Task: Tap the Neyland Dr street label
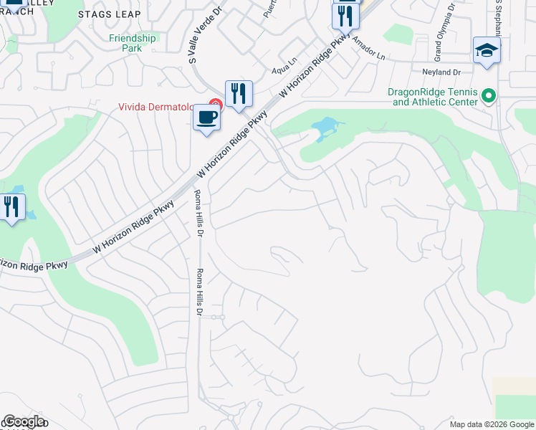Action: [x=441, y=72]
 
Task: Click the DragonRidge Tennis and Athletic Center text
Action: [x=432, y=97]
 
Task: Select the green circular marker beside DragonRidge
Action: [x=489, y=95]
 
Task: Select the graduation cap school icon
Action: [x=487, y=51]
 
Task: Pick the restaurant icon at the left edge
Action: [x=12, y=208]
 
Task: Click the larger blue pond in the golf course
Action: [x=325, y=130]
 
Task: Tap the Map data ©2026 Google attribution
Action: [x=490, y=424]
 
